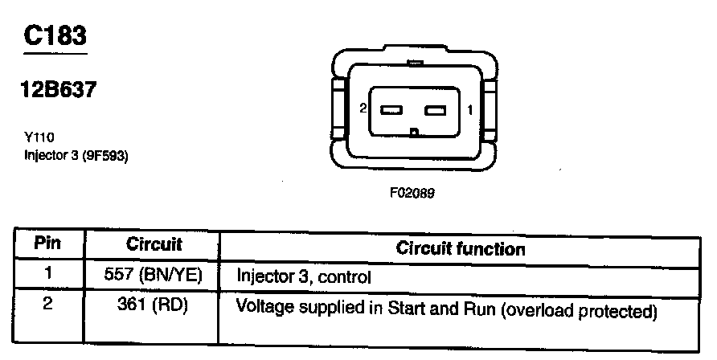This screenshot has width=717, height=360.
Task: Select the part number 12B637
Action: point(61,91)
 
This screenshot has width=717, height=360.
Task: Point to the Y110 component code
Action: point(39,137)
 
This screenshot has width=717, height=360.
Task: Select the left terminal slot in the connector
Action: point(391,110)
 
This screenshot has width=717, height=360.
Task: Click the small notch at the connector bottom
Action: point(413,133)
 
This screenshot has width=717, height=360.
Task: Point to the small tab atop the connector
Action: point(415,62)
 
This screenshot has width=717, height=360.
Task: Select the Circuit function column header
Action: point(461,248)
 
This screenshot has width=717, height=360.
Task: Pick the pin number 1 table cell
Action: point(48,273)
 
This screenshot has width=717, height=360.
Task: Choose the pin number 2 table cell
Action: point(48,306)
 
